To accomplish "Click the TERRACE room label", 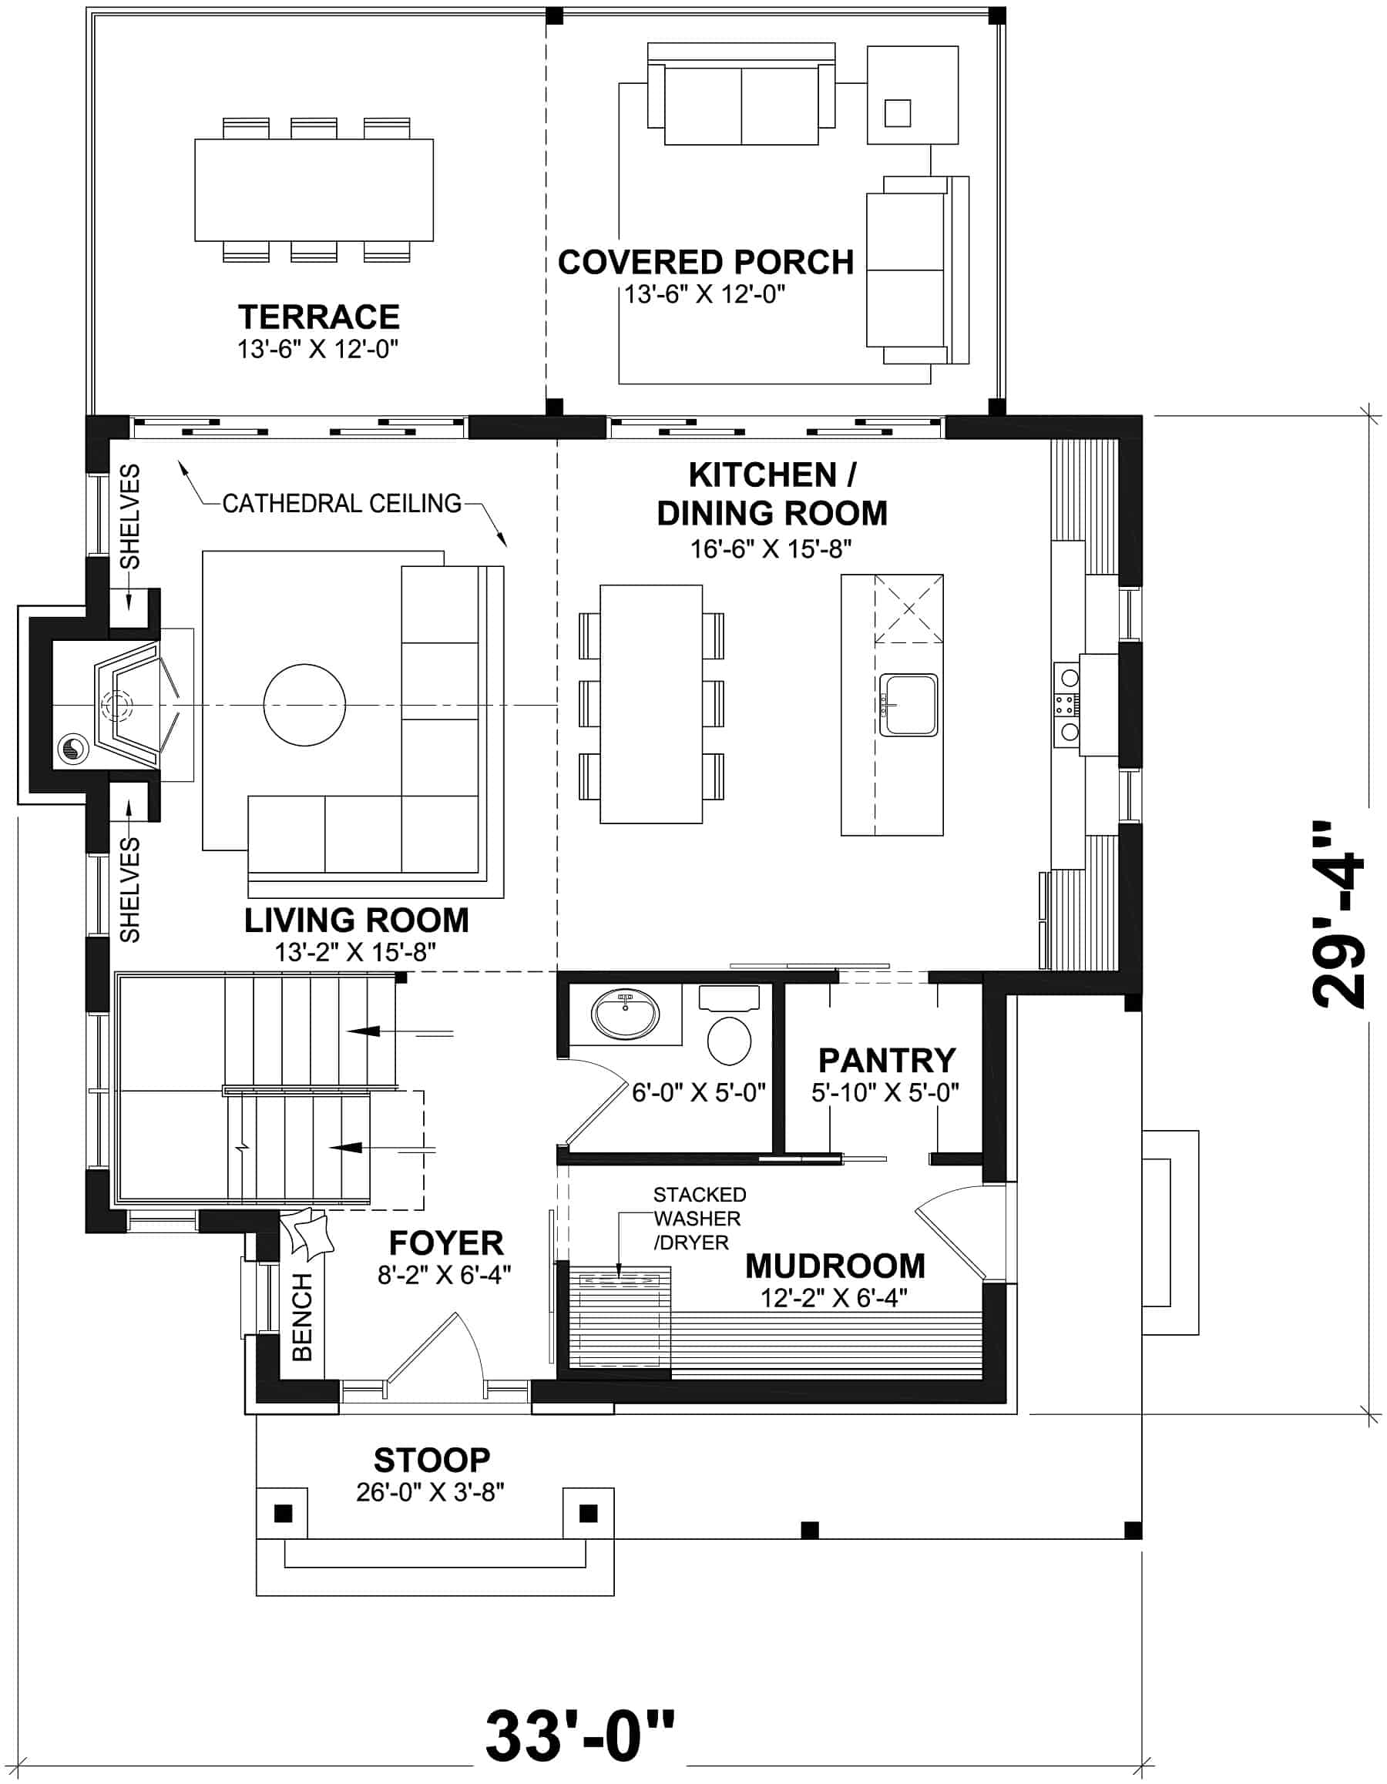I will [318, 317].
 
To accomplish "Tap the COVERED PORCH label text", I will [704, 262].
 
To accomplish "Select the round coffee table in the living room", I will [304, 704].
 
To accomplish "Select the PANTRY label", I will [886, 1060].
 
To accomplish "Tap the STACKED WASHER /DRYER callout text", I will [698, 1218].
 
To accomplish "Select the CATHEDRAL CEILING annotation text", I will [341, 503].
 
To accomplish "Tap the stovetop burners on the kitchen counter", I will [1067, 704].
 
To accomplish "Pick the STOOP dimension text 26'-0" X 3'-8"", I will [430, 1492].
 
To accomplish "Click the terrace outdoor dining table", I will [313, 189].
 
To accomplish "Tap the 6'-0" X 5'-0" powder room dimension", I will [698, 1092].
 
